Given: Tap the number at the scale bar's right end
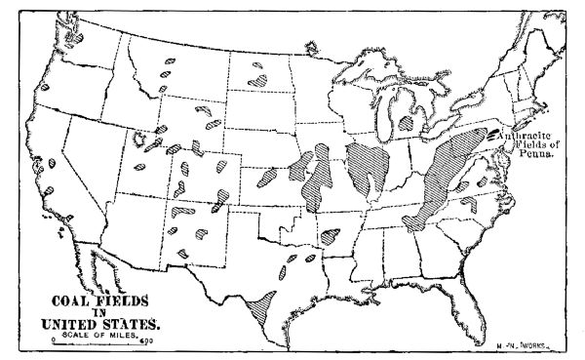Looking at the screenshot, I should tap(145, 341).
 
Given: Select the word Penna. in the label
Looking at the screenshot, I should tap(541, 157).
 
